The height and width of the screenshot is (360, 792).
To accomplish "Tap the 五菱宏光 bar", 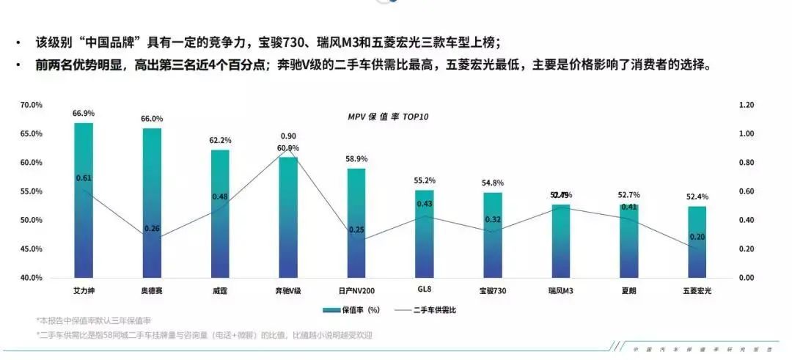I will coord(697,249).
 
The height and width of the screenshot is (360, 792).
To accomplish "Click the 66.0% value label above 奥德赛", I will coord(152,119).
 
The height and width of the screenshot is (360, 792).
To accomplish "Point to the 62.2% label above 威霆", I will coord(220,140).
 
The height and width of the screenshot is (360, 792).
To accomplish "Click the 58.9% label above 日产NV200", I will coord(356,158).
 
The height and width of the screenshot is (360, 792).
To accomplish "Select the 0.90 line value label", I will coord(288,136).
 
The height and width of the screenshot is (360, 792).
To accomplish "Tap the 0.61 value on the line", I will coord(84,178).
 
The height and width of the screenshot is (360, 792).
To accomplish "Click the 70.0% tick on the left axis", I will coord(32,105).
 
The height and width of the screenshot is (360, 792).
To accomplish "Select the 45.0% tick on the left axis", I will coord(32,249).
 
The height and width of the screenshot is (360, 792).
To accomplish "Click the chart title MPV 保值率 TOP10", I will coord(388,117).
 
